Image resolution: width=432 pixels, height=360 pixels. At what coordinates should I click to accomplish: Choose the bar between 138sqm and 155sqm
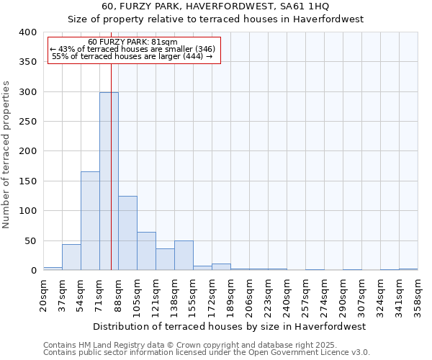click(184, 256)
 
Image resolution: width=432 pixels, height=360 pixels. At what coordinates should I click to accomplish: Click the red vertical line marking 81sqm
click(111, 144)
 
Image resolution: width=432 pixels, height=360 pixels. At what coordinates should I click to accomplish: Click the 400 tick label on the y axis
click(27, 32)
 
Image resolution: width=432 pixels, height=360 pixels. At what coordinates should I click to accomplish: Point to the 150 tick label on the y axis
click(27, 181)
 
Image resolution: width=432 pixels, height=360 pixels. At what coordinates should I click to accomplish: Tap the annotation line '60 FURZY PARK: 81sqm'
click(132, 42)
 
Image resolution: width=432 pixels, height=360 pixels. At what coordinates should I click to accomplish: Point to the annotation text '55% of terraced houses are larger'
click(134, 56)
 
